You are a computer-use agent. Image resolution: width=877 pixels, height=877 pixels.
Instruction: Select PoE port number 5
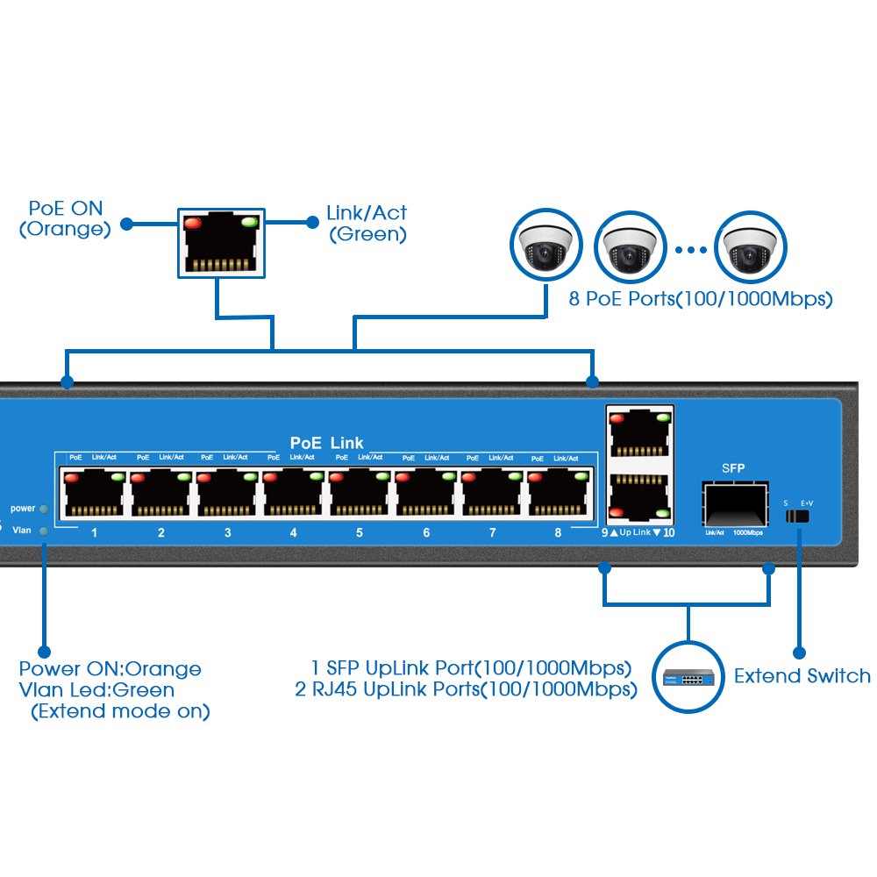click(x=360, y=494)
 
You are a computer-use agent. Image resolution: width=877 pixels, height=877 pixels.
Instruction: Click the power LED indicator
click(x=44, y=509)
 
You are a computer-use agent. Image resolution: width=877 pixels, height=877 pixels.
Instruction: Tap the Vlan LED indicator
click(x=44, y=530)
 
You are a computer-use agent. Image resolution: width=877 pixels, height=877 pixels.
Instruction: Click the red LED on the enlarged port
click(x=192, y=224)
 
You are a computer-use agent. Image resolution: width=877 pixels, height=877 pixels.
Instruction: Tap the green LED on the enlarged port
click(x=249, y=223)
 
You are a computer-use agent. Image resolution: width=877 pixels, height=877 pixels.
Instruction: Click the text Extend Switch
click(x=802, y=676)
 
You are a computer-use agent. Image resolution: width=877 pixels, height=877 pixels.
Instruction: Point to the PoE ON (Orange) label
click(x=66, y=219)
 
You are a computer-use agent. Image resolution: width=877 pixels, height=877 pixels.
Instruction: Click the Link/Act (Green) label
click(x=367, y=223)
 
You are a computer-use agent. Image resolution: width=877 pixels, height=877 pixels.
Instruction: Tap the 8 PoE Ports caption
click(x=700, y=300)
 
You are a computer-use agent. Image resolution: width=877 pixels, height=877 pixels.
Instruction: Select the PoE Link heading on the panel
click(x=326, y=443)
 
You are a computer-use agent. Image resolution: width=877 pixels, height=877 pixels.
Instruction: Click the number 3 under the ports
click(x=227, y=532)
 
